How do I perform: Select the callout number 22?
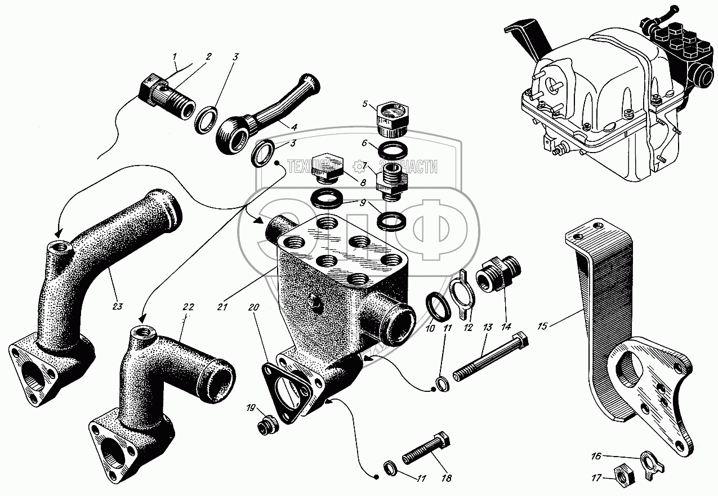tap(188, 307)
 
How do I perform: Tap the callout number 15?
tap(544, 325)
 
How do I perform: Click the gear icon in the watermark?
tap(358, 166)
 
